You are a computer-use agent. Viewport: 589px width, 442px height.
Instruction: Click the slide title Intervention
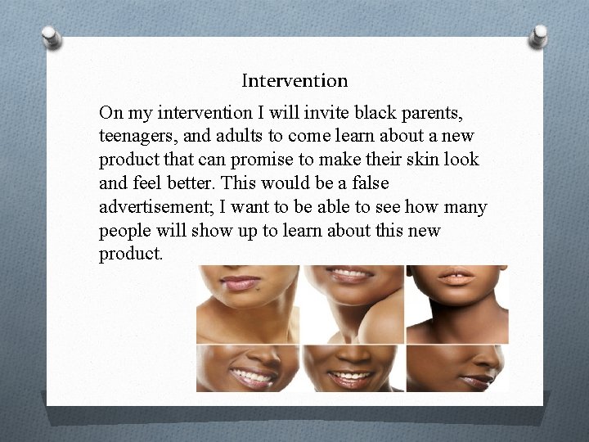[294, 81]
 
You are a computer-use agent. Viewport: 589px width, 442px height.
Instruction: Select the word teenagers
[137, 134]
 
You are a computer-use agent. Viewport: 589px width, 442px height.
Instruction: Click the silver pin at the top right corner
[540, 34]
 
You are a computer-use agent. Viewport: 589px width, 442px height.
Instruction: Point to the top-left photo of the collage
[248, 303]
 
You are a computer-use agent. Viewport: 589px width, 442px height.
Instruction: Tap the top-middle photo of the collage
[352, 303]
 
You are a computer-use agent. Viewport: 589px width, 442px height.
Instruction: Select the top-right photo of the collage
[457, 303]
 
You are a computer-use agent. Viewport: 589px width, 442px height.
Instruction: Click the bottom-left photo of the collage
[248, 368]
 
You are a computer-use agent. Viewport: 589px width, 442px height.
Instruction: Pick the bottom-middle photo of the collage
[352, 368]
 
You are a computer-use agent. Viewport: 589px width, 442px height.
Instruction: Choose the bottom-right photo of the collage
[457, 368]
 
